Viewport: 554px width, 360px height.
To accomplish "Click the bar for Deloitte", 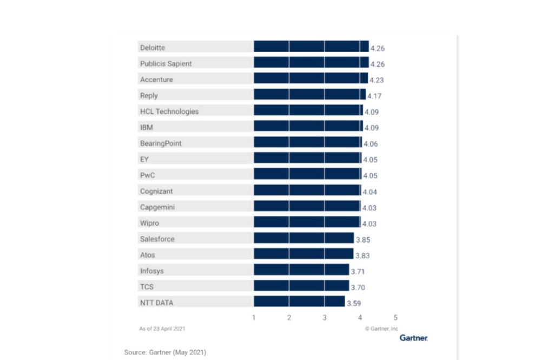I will (x=311, y=47).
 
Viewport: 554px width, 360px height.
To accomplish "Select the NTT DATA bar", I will (x=299, y=302).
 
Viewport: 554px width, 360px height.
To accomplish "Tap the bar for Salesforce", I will (x=304, y=239).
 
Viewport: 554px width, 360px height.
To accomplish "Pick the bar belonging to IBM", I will (x=308, y=127).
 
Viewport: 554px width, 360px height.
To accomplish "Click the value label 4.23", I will (x=377, y=80).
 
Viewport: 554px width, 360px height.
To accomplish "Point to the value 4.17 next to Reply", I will (x=375, y=96).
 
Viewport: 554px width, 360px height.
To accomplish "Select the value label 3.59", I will (x=354, y=303).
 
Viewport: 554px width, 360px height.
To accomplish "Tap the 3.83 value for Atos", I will (x=362, y=255).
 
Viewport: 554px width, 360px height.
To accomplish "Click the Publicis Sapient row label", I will (x=166, y=63).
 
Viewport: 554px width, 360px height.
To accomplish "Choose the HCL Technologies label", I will (x=169, y=112).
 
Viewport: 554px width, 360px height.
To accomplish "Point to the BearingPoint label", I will (x=161, y=143).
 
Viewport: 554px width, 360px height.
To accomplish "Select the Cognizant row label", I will (x=156, y=191).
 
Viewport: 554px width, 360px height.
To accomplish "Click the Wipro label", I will (x=149, y=223).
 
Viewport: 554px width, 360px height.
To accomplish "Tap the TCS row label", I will (x=147, y=287).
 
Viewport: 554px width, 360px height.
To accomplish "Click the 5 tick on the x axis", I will (x=395, y=318).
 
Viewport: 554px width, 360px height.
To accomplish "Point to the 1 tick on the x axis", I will (x=254, y=318).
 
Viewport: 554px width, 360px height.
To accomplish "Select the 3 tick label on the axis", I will (x=325, y=318).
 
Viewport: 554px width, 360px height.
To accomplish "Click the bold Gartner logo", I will (x=413, y=338).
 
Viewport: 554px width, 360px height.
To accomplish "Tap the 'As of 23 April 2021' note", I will (x=162, y=329).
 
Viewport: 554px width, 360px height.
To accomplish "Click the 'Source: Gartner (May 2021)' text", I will (x=165, y=352).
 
